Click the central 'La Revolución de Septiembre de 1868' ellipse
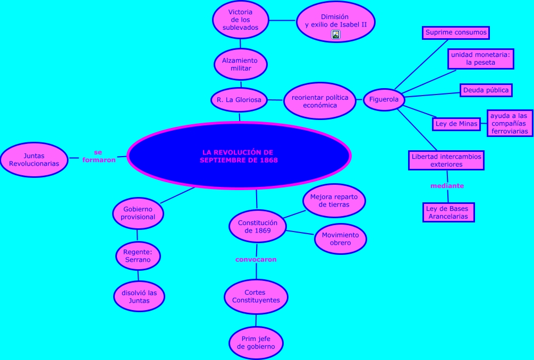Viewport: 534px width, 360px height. click(239, 156)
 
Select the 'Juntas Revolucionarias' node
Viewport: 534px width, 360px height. click(34, 159)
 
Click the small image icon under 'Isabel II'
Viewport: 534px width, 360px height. click(336, 35)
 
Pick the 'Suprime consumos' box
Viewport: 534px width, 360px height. click(456, 32)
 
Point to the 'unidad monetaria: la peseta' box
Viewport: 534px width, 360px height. click(480, 58)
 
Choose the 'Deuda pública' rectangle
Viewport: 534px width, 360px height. click(486, 90)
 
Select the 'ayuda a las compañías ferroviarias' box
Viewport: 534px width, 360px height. click(509, 123)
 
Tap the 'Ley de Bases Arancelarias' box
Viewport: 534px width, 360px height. click(448, 212)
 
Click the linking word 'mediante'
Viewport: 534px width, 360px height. click(447, 186)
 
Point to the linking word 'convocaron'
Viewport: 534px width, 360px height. click(256, 260)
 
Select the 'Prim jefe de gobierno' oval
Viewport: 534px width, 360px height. click(256, 342)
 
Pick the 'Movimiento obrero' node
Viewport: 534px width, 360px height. click(341, 239)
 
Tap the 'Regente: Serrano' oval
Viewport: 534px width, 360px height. click(138, 256)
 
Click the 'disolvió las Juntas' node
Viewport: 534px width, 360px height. click(139, 297)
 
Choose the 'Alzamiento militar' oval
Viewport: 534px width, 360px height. click(241, 64)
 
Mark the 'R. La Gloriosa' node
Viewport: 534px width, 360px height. click(239, 100)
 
